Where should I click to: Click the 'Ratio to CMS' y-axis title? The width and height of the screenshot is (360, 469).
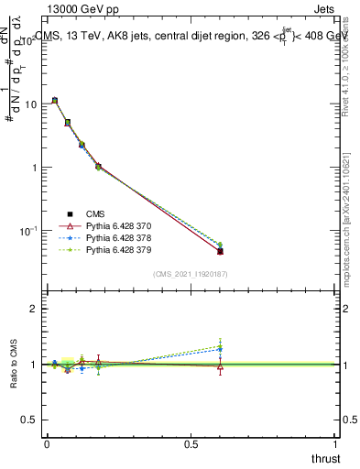14,364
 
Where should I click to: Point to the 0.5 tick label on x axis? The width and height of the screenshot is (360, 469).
190,444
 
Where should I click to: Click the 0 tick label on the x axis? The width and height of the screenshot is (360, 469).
47,444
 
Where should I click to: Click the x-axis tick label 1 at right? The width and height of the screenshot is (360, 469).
336,444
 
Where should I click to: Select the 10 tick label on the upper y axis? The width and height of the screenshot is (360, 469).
31,104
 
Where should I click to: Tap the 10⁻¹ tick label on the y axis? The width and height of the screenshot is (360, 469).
29,231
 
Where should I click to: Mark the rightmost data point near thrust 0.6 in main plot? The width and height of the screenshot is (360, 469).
220,251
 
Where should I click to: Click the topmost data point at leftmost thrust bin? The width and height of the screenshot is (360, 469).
55,100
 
